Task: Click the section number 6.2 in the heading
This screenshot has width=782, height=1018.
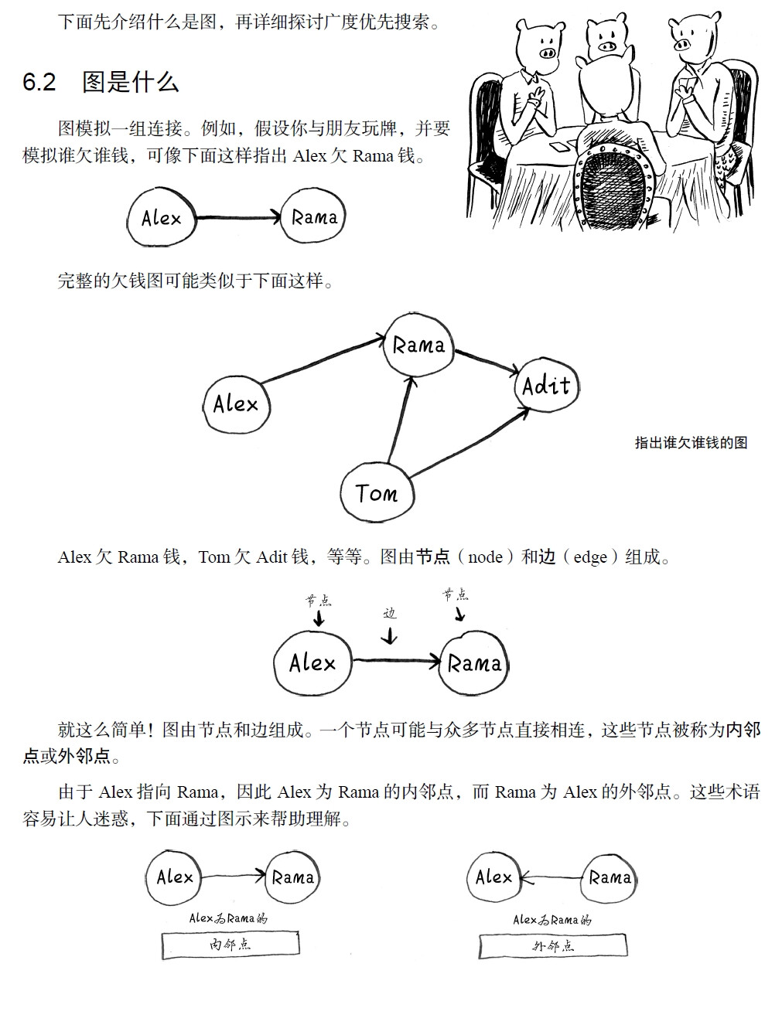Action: click(x=39, y=83)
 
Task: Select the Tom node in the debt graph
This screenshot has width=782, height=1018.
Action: click(x=377, y=492)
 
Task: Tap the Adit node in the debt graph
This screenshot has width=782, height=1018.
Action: click(x=546, y=385)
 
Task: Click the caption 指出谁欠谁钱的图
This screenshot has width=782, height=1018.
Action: click(x=691, y=442)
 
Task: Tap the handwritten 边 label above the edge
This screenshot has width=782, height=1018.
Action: click(x=390, y=613)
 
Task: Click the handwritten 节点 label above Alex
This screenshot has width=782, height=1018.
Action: click(x=317, y=600)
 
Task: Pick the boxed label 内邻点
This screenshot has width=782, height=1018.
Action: click(x=230, y=945)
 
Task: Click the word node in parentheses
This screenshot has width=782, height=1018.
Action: click(x=485, y=557)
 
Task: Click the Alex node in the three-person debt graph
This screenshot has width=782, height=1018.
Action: click(x=236, y=403)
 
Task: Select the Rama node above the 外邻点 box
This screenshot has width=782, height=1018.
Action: click(x=610, y=877)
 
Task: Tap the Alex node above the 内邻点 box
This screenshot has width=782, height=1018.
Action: click(x=175, y=877)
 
